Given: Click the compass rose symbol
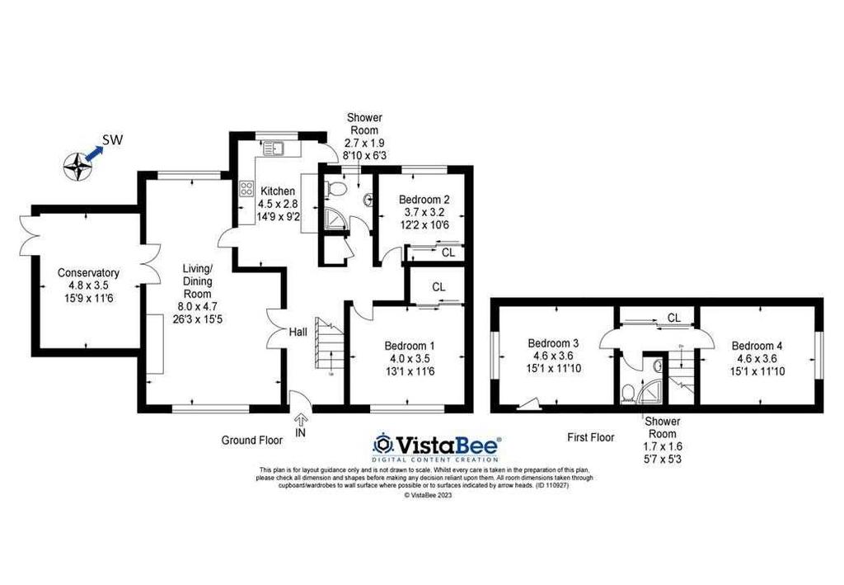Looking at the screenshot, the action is (78, 166).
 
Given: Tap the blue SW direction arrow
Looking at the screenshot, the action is (94, 153).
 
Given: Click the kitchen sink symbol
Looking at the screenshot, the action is (274, 149).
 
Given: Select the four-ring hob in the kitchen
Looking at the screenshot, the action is (246, 188).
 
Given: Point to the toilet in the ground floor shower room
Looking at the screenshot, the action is (336, 188).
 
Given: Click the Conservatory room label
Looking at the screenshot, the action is (88, 273).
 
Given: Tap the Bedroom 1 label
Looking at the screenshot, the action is (410, 346).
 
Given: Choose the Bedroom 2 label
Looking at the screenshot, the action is (424, 200).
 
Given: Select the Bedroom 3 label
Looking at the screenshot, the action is (553, 343).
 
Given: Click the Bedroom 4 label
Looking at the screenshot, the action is (757, 346).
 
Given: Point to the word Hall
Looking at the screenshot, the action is (298, 332).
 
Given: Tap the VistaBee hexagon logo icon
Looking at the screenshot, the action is (382, 445).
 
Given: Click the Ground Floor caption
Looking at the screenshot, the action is (252, 441).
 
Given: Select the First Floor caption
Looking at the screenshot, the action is (590, 437).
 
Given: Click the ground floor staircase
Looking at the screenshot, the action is (329, 345).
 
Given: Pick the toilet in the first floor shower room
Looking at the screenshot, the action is (627, 393).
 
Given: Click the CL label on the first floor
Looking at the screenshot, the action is (674, 318).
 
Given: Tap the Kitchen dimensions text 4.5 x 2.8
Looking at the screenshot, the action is (278, 204).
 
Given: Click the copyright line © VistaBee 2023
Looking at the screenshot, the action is (428, 495).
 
